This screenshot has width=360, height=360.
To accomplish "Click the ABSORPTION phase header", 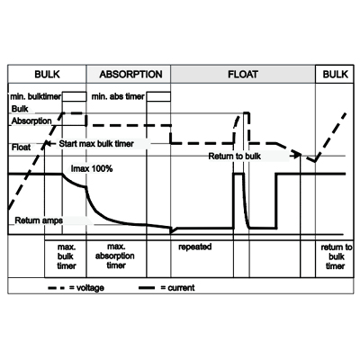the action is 130,74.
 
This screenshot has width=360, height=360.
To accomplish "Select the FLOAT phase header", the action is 243,74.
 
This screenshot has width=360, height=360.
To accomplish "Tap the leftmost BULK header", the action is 47,74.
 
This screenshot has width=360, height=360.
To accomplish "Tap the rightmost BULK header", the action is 335,74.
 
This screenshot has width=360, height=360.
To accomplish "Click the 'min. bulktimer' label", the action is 36,96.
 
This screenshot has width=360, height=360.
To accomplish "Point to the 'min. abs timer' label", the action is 118,96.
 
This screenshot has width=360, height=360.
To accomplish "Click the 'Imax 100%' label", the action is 92,168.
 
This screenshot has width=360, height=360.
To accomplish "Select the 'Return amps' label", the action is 39,220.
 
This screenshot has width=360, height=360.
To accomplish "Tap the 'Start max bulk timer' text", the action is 96,144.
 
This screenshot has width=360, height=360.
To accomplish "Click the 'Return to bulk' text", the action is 235,157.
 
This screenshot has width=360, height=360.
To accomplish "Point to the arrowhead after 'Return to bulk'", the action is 298,155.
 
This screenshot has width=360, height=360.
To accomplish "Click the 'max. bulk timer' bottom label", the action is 67,256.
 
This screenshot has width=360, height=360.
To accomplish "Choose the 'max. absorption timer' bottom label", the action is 115,256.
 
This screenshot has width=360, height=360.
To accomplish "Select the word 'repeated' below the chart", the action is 195,247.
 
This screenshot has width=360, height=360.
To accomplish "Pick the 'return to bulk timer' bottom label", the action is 337,256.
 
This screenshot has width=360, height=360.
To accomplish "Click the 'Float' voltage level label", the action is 21,148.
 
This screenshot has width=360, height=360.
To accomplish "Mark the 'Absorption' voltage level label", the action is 31,121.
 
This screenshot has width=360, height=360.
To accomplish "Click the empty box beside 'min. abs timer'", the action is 158,97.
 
